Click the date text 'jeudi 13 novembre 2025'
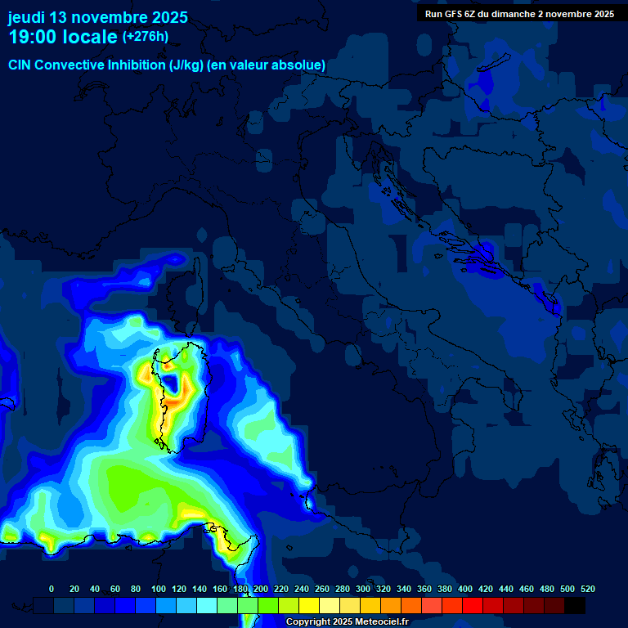[97, 17]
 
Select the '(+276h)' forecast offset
[146, 37]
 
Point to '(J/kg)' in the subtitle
[187, 65]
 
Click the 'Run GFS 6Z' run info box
[519, 14]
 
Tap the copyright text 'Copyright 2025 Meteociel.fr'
[347, 622]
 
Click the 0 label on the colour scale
[52, 589]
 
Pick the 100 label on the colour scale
[159, 589]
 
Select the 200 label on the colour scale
[261, 589]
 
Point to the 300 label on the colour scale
[363, 589]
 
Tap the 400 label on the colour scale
[465, 589]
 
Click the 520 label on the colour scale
[587, 589]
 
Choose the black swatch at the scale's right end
[575, 605]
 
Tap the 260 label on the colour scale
[322, 589]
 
